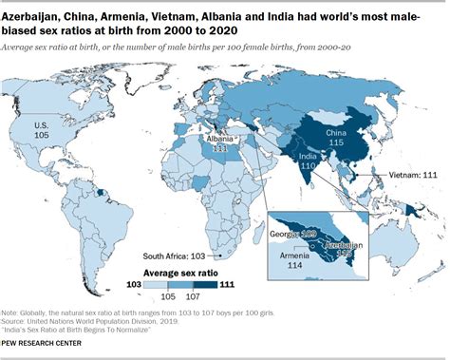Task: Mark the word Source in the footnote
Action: point(17,322)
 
